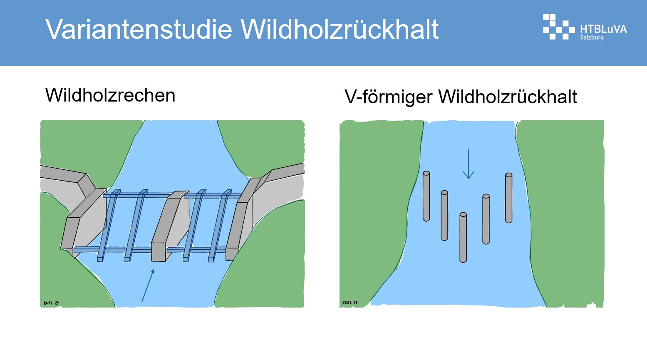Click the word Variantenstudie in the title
click(x=139, y=29)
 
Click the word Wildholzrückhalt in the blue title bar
click(x=340, y=29)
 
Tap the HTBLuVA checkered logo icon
click(x=559, y=27)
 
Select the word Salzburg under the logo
click(x=592, y=37)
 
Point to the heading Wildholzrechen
click(x=110, y=95)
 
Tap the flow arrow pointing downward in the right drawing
click(x=469, y=164)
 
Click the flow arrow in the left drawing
click(x=148, y=286)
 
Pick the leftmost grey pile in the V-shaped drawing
click(x=426, y=196)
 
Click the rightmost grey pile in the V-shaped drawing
click(x=508, y=198)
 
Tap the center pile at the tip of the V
click(x=463, y=238)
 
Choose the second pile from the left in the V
click(x=444, y=215)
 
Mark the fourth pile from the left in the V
click(x=486, y=219)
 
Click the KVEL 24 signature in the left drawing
click(x=51, y=303)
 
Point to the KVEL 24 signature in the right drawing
click(x=350, y=303)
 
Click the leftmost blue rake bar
click(x=109, y=226)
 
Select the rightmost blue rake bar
click(x=220, y=226)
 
